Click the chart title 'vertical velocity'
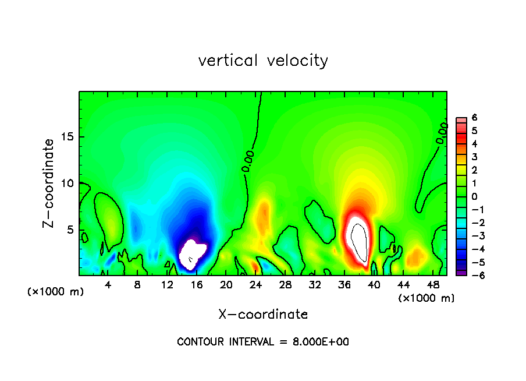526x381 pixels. click(x=263, y=61)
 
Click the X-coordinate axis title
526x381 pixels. click(x=263, y=315)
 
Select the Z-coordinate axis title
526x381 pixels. click(x=49, y=183)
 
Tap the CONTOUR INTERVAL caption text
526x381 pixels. click(x=263, y=342)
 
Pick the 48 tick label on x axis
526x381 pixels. click(x=432, y=284)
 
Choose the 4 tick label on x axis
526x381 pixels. click(x=108, y=284)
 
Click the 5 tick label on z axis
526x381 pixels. click(x=70, y=230)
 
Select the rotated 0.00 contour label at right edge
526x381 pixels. click(x=442, y=135)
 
